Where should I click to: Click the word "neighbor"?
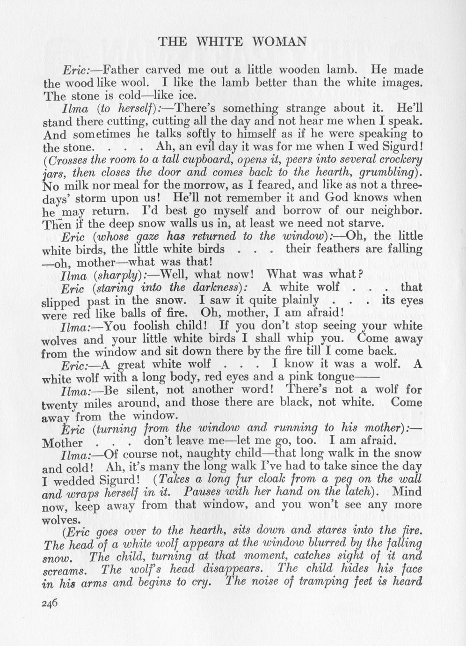tap(393, 210)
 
